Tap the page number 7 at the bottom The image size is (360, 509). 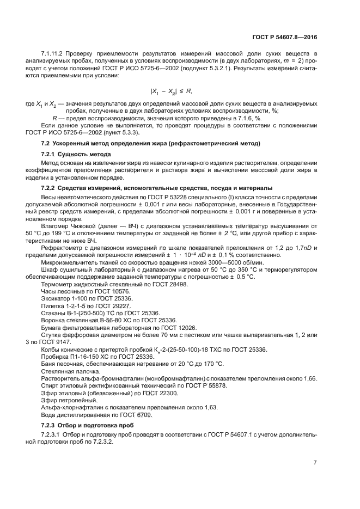pos(315,462)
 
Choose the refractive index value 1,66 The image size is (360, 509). pos(310,377)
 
